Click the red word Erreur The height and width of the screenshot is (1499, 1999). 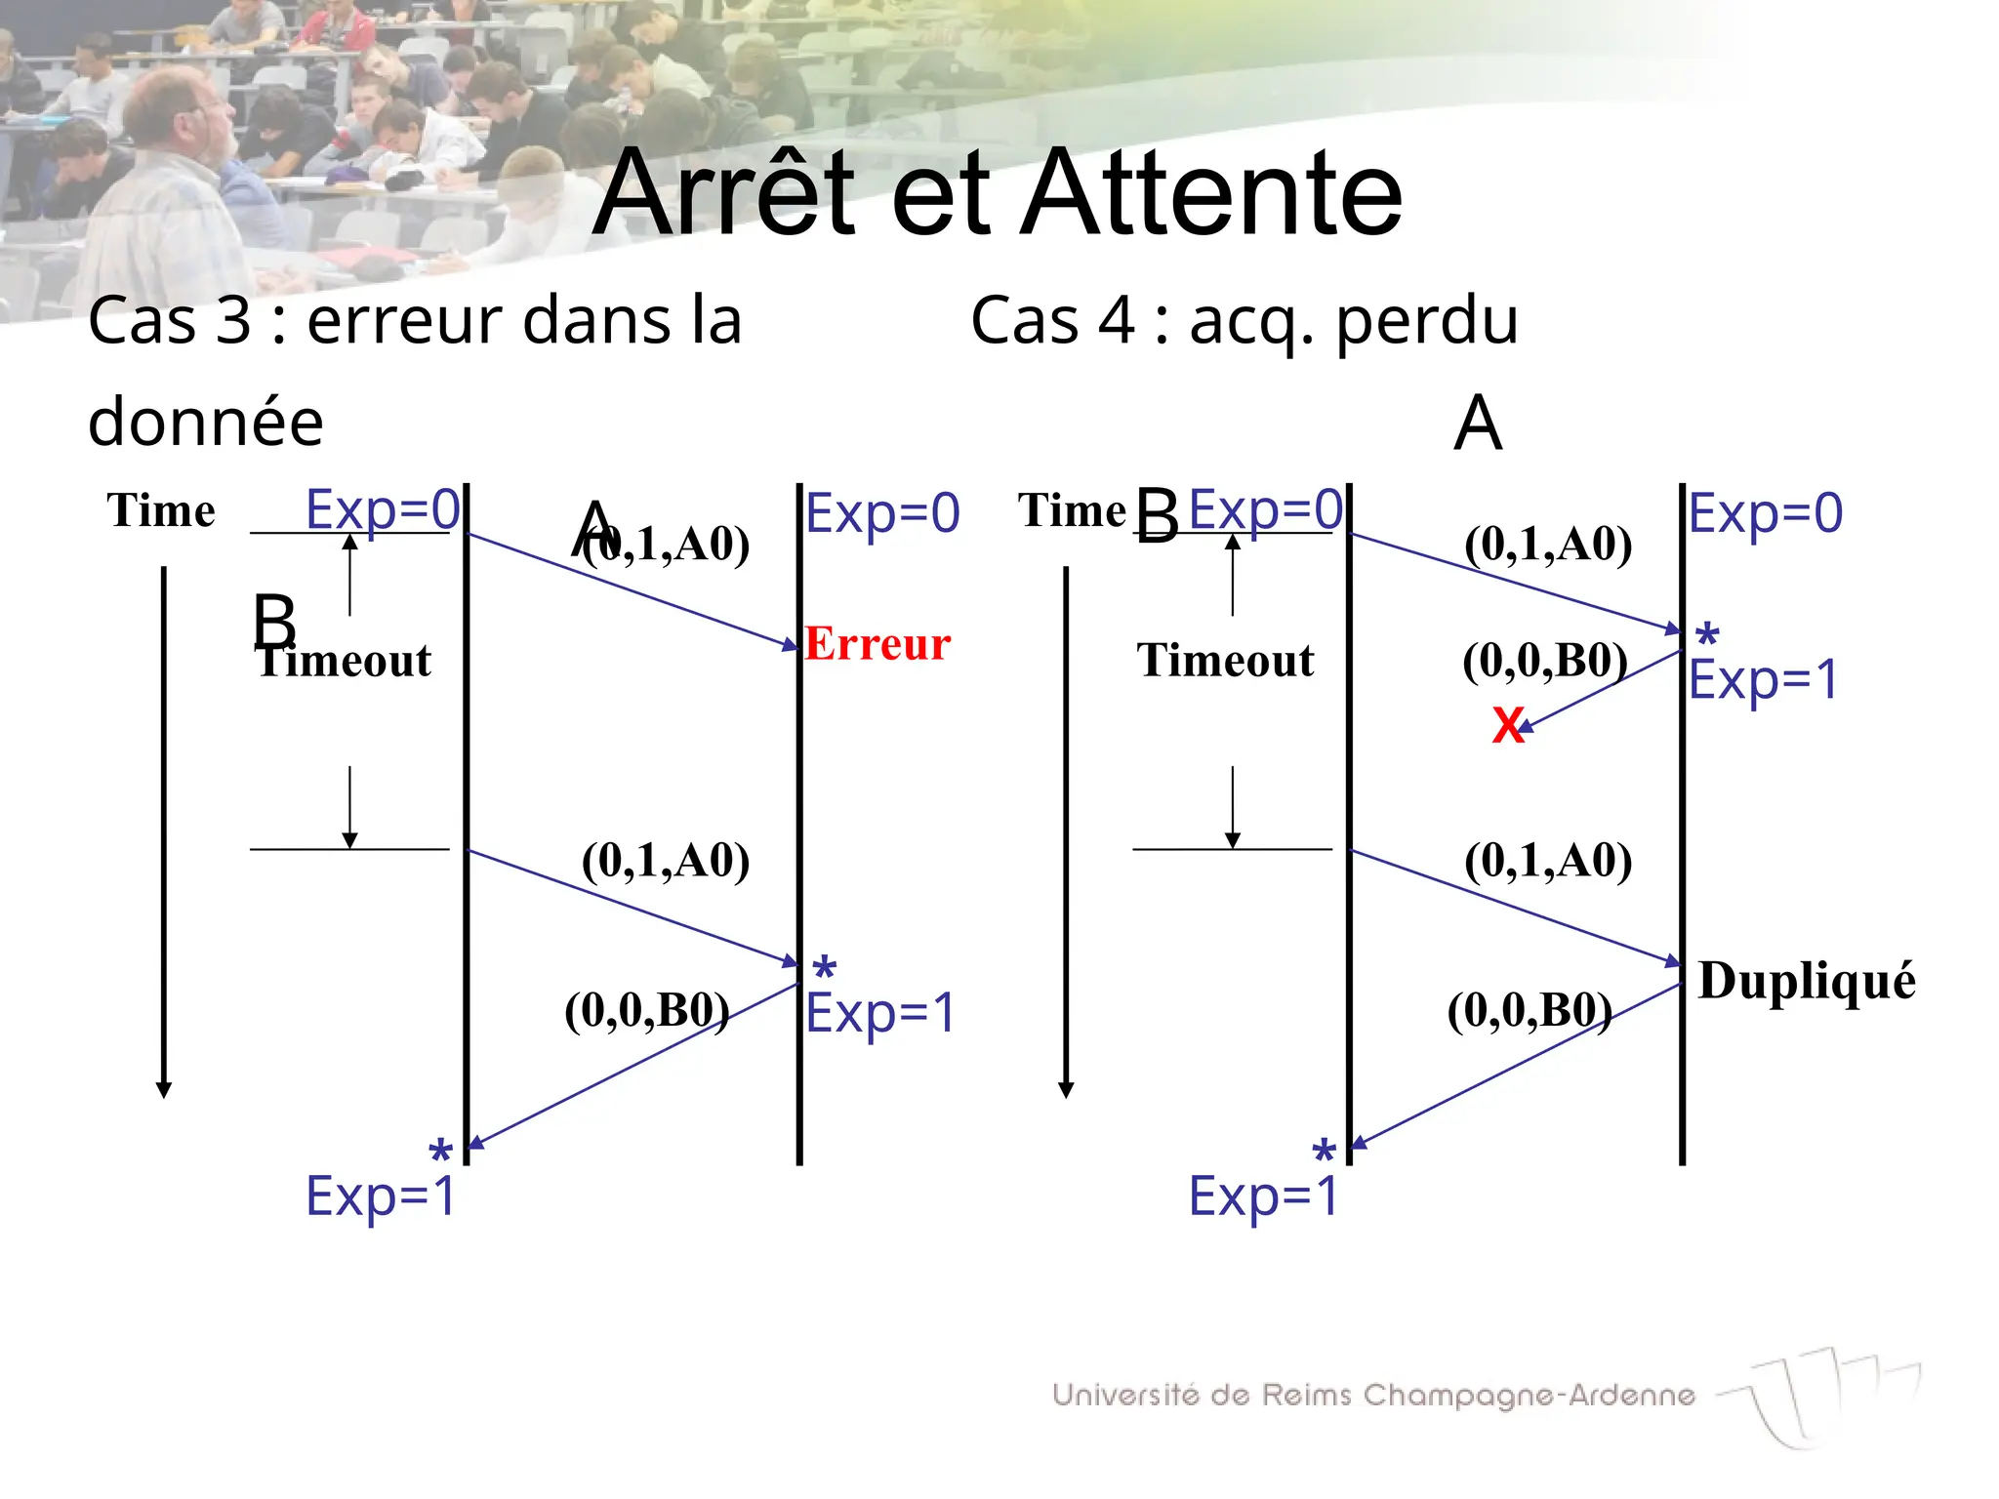[877, 644]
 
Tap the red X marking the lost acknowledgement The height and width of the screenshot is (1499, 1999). [1508, 726]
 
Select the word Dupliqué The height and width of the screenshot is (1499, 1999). [1807, 980]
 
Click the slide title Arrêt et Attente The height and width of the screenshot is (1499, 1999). [998, 192]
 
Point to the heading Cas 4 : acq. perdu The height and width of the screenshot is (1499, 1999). [1244, 320]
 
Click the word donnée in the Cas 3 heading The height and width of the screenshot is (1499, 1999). [206, 422]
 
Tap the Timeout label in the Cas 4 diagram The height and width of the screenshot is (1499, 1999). [1225, 661]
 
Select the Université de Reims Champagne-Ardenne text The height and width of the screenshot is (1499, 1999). [1373, 1395]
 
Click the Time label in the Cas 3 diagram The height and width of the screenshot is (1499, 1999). [161, 510]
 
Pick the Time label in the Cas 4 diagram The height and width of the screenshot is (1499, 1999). [1072, 510]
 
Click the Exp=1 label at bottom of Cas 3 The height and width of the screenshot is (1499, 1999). [381, 1195]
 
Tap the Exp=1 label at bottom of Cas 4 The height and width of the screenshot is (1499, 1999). [1263, 1195]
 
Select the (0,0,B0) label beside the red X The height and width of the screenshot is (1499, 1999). [1545, 661]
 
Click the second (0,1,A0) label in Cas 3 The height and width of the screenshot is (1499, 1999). [666, 861]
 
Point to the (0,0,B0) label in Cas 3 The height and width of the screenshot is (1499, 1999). [647, 1010]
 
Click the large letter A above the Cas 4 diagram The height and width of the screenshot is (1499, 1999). [1478, 424]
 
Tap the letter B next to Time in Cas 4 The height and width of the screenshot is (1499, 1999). [1158, 515]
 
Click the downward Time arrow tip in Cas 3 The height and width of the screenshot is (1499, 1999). [164, 1090]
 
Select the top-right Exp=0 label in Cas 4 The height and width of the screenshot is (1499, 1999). [1766, 513]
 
